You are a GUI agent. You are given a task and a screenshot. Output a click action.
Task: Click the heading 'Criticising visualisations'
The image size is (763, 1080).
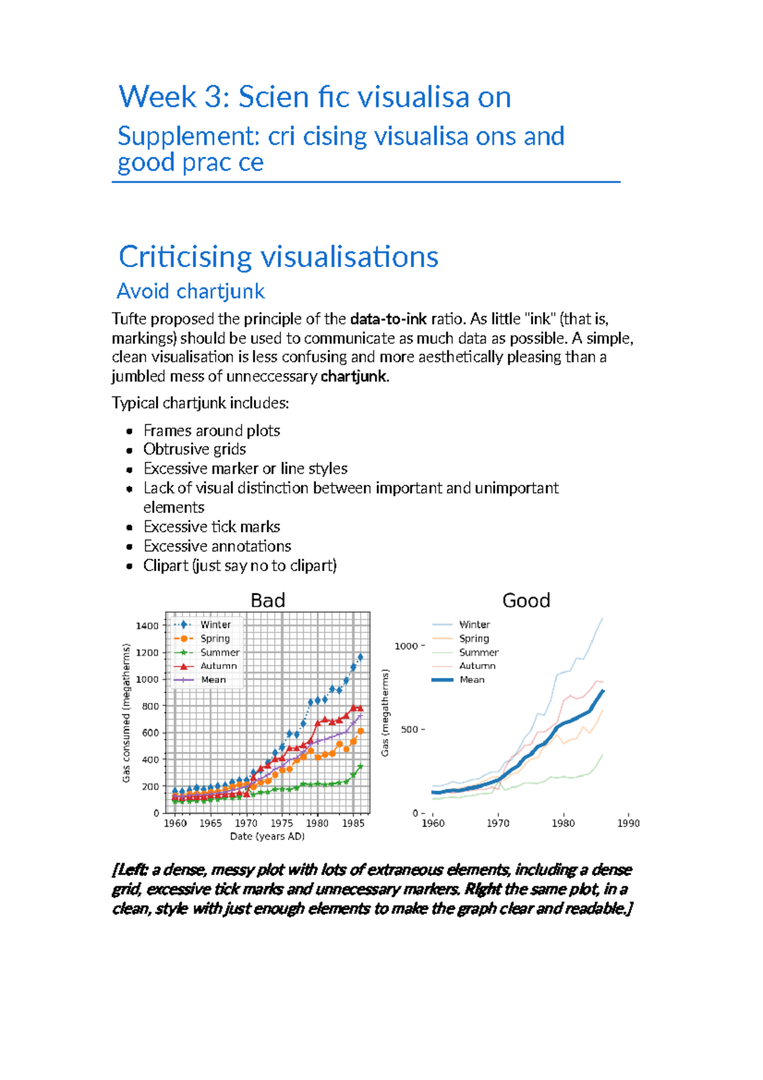point(278,257)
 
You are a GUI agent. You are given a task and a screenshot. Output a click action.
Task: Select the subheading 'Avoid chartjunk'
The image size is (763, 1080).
point(191,291)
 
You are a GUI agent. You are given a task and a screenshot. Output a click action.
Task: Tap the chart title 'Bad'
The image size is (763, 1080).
point(268,600)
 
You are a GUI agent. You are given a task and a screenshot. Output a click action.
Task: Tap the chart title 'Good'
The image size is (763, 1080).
point(526,600)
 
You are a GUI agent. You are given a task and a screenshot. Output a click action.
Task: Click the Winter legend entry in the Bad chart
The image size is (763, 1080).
point(215,625)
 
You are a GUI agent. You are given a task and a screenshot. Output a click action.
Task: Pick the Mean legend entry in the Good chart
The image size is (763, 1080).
point(471,680)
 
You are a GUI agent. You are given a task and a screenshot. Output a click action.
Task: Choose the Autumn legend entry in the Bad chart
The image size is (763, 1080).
point(218,666)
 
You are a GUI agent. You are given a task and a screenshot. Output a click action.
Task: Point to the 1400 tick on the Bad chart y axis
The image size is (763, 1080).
point(148,626)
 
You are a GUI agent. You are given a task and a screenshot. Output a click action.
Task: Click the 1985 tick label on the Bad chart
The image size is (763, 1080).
point(353,823)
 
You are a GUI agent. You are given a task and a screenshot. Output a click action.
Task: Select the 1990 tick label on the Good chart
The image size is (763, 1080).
point(628,823)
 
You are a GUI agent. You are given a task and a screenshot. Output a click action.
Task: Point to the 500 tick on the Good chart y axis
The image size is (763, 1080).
point(409,730)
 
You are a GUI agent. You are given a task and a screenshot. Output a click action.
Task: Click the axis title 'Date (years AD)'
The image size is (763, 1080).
point(267,836)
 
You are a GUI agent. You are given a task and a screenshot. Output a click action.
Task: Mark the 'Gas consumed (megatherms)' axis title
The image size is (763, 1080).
point(126,713)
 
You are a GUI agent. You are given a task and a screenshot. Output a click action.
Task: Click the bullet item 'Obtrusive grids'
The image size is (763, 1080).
point(195,449)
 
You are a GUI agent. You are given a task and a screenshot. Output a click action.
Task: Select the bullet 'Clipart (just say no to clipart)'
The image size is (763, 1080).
point(240,565)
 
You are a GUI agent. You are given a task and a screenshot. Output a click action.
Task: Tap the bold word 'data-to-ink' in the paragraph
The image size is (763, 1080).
point(388,319)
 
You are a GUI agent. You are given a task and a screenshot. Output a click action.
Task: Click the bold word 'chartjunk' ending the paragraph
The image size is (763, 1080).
point(354,377)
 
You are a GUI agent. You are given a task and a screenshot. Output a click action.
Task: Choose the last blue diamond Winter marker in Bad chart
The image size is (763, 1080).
point(361,657)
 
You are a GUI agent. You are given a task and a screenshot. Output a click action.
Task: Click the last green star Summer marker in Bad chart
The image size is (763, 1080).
point(361,767)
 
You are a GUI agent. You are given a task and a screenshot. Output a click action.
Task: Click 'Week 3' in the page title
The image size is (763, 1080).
point(157,97)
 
